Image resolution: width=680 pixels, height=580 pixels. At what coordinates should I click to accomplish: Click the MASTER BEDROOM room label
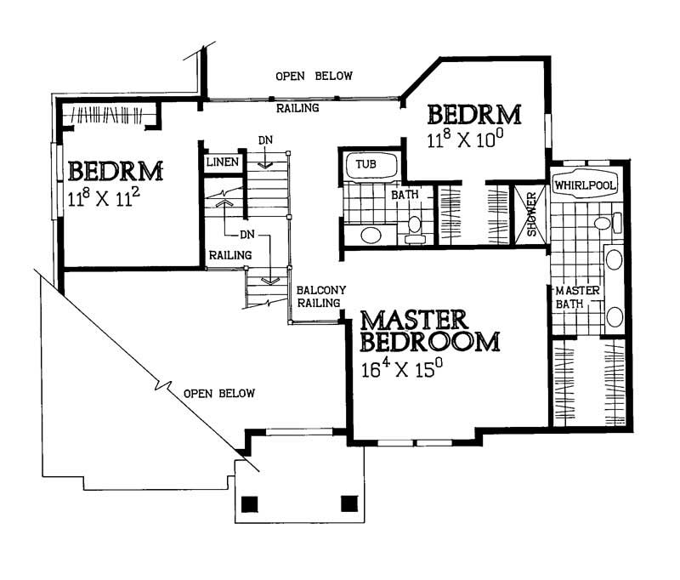click(x=428, y=331)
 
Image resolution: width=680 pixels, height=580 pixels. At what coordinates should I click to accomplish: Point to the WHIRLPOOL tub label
click(x=585, y=184)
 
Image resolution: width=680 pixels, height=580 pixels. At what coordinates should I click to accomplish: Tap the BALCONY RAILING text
click(x=320, y=296)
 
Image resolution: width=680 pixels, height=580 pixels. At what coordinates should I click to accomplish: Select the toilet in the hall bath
click(x=415, y=226)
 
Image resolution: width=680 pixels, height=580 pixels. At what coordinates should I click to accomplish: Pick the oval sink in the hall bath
click(x=371, y=234)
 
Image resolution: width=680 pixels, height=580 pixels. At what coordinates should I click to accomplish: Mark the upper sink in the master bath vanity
click(x=613, y=259)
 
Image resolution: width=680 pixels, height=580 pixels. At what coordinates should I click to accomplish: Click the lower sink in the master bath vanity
click(x=613, y=316)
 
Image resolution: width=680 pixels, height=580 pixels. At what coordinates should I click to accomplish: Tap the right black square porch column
click(x=348, y=503)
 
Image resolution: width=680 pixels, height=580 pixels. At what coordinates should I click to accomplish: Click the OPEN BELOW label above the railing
click(x=314, y=77)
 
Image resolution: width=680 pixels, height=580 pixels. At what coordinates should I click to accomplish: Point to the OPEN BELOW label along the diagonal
click(x=219, y=393)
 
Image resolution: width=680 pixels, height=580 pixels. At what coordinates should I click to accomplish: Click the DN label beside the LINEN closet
click(x=264, y=141)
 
